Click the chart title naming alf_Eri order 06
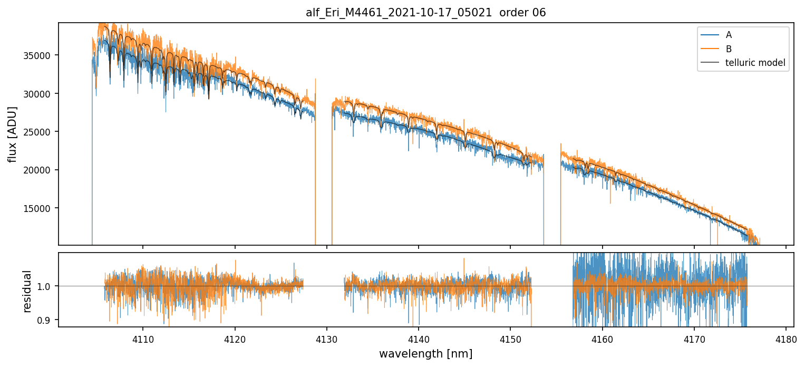pyautogui.click(x=426, y=13)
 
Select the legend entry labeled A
pyautogui.click(x=729, y=35)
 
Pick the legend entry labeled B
pyautogui.click(x=729, y=49)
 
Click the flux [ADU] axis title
pyautogui.click(x=12, y=134)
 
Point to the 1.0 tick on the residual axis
pyautogui.click(x=46, y=286)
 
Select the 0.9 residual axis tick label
pyautogui.click(x=46, y=320)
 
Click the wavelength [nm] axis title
pyautogui.click(x=426, y=353)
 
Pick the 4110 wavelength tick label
pyautogui.click(x=143, y=338)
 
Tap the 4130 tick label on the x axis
pyautogui.click(x=327, y=338)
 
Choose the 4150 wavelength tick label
pyautogui.click(x=510, y=338)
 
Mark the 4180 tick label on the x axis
pyautogui.click(x=786, y=338)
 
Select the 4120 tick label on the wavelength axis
pyautogui.click(x=235, y=338)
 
